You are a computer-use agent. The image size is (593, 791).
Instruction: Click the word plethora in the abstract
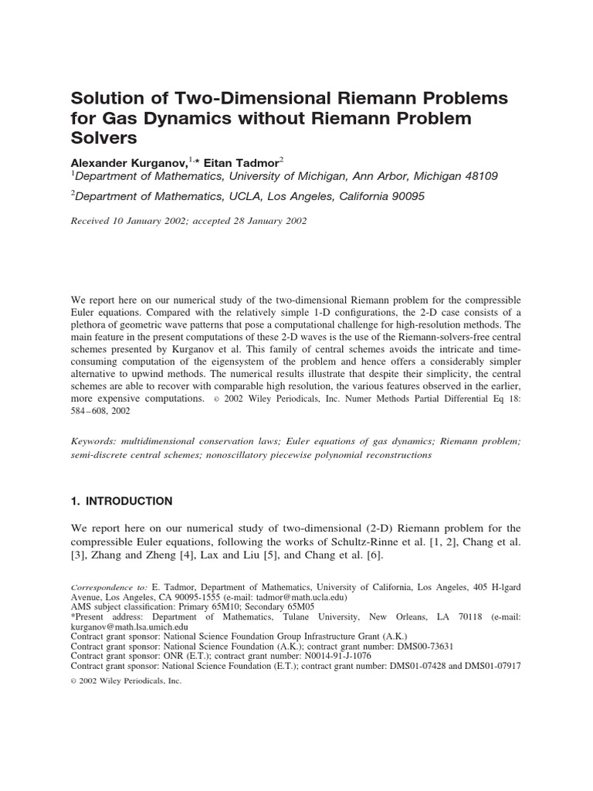94,327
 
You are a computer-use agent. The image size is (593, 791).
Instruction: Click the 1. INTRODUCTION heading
121,501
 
